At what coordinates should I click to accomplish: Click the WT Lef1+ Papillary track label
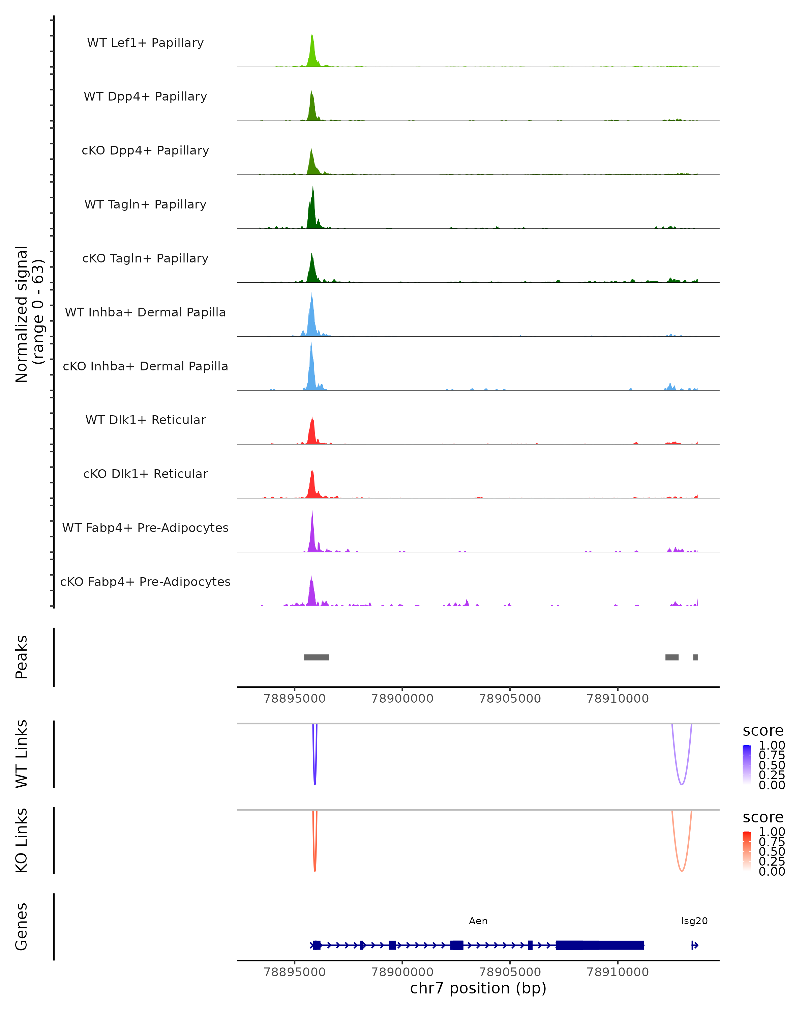[x=145, y=43]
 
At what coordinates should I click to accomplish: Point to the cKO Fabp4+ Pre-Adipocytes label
[x=145, y=582]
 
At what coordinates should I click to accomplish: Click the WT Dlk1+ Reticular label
[x=145, y=420]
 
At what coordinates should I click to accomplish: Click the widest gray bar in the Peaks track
[x=317, y=657]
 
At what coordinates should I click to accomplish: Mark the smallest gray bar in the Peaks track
[x=695, y=657]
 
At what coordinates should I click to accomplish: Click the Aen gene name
[x=478, y=921]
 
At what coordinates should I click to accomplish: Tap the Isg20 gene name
[x=694, y=921]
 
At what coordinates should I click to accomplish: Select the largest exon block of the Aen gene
[x=599, y=945]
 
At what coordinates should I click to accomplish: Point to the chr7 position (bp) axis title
[x=478, y=988]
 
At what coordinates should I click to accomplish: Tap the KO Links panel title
[x=22, y=840]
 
